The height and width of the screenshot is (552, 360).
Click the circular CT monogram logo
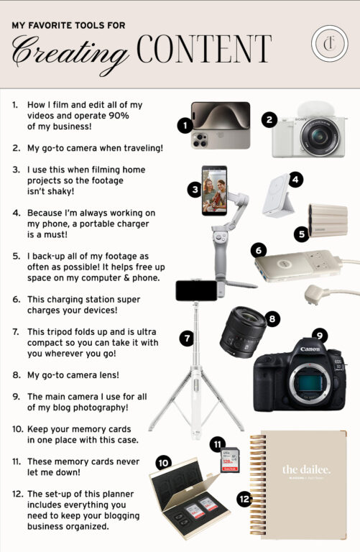pyautogui.click(x=329, y=44)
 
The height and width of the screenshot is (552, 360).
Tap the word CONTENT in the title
pyautogui.click(x=204, y=49)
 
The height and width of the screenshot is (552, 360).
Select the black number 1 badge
pyautogui.click(x=185, y=125)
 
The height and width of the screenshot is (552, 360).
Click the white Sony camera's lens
pyautogui.click(x=320, y=136)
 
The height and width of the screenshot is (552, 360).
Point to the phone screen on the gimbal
pyautogui.click(x=214, y=190)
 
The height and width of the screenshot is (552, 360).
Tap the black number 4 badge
pyautogui.click(x=295, y=180)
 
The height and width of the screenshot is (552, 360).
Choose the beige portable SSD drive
pyautogui.click(x=328, y=221)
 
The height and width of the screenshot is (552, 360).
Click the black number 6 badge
pyautogui.click(x=259, y=251)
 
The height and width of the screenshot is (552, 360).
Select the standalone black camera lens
pyautogui.click(x=243, y=332)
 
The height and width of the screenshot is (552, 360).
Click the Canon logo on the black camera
pyautogui.click(x=310, y=349)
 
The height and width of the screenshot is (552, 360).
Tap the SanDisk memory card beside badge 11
pyautogui.click(x=230, y=460)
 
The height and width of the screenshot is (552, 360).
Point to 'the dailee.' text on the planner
pyautogui.click(x=306, y=469)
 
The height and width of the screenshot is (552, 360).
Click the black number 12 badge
pyautogui.click(x=244, y=499)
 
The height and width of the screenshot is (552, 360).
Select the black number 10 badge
pyautogui.click(x=164, y=463)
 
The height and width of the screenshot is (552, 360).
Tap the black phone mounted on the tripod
pyautogui.click(x=196, y=290)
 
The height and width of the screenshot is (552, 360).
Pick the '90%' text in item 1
pyautogui.click(x=119, y=116)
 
